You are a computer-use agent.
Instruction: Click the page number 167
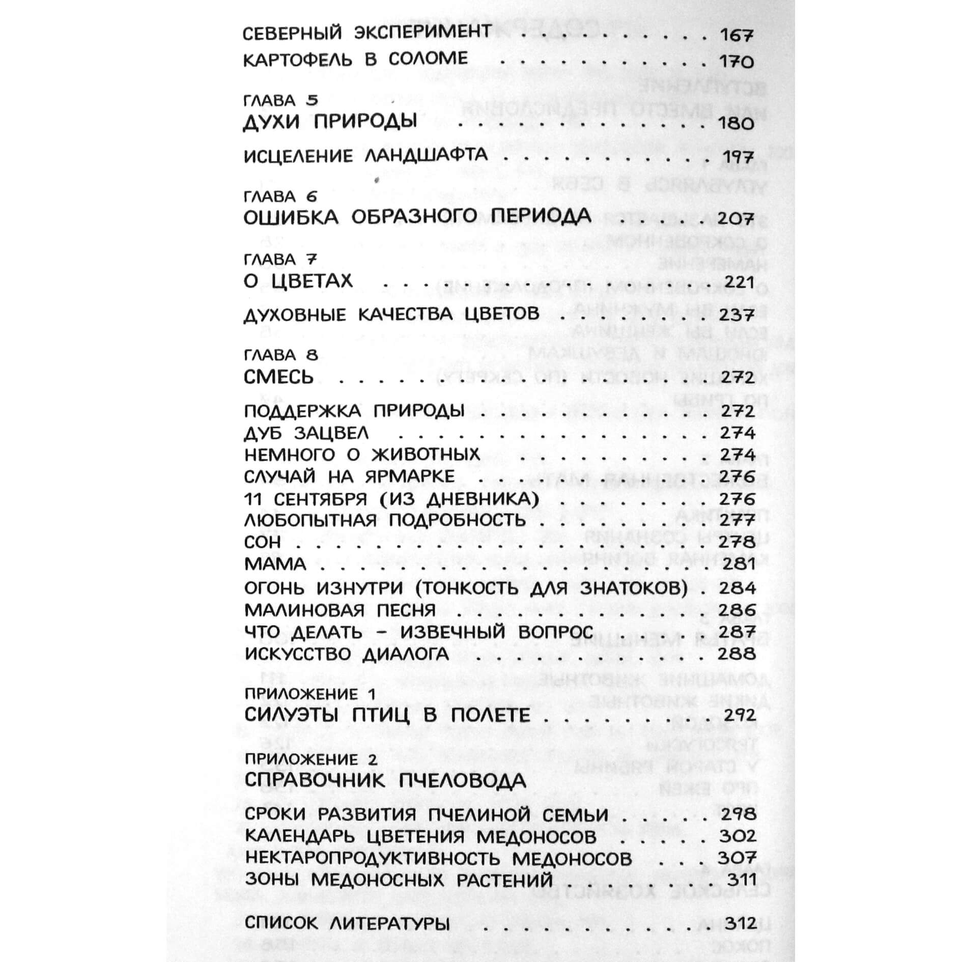(736, 35)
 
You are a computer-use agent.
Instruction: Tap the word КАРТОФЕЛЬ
(298, 60)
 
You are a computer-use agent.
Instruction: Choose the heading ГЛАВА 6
(281, 196)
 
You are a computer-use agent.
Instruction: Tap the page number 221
(736, 281)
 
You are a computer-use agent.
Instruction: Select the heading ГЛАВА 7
(281, 260)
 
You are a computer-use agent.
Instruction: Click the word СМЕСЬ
(278, 377)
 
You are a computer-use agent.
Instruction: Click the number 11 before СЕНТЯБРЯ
(252, 499)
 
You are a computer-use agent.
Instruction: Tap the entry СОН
(262, 543)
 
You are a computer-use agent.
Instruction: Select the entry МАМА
(275, 564)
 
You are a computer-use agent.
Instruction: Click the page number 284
(737, 588)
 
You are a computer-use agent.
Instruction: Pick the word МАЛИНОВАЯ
(304, 610)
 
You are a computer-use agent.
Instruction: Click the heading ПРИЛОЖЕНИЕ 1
(310, 694)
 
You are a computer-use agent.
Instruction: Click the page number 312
(737, 923)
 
